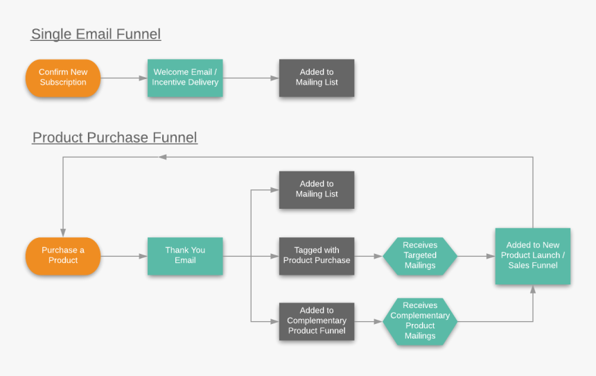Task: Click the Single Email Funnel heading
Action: (96, 34)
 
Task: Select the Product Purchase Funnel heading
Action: (115, 137)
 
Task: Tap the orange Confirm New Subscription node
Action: (63, 78)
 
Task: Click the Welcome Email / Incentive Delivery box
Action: (185, 78)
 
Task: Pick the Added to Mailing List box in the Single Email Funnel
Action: (317, 78)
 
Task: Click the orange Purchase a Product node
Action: (63, 256)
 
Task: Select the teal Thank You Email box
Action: (185, 256)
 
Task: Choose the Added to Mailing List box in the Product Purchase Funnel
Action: (317, 189)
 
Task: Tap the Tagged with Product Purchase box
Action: (317, 256)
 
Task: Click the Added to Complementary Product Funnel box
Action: (317, 321)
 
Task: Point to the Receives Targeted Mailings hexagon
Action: (420, 256)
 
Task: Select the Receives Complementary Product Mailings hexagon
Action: (420, 321)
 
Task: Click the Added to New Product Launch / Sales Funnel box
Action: (533, 256)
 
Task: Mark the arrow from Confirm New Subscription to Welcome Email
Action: (124, 78)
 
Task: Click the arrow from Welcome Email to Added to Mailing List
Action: (251, 78)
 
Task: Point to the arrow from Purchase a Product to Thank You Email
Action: (124, 256)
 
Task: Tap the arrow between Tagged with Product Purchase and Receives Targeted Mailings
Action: (369, 256)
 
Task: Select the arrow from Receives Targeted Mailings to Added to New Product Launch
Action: (476, 256)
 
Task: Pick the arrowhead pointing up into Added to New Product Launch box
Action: (533, 289)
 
